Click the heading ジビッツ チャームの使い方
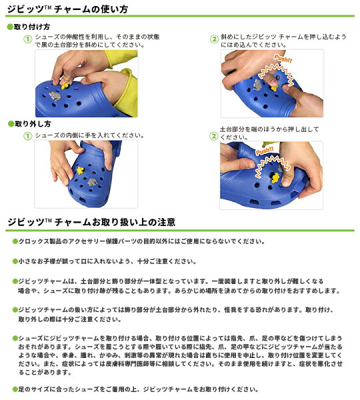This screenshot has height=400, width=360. coord(67,9)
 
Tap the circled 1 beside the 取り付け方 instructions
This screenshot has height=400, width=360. coord(27,39)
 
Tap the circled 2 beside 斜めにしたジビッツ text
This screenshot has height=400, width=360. coord(214,39)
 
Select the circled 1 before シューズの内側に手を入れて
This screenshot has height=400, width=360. coord(27,136)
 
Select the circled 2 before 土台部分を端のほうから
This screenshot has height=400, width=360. coord(213,136)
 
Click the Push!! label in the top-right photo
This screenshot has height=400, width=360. coord(283,59)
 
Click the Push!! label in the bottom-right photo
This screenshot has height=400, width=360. coord(265,151)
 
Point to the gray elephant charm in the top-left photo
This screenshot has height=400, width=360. coord(55,96)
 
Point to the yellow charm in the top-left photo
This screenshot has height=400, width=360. coord(65,85)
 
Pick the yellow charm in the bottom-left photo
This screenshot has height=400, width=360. coord(81,170)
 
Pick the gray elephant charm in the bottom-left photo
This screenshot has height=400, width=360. coord(92,182)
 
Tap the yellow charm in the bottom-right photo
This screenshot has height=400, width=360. coord(275,178)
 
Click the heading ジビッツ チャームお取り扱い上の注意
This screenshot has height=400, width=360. coord(91,222)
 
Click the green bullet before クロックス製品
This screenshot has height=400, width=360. coord(15,241)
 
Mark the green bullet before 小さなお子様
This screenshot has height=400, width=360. coord(15,261)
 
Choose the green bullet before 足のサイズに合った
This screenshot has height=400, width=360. coord(15,389)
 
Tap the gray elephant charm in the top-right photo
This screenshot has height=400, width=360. coord(258,84)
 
